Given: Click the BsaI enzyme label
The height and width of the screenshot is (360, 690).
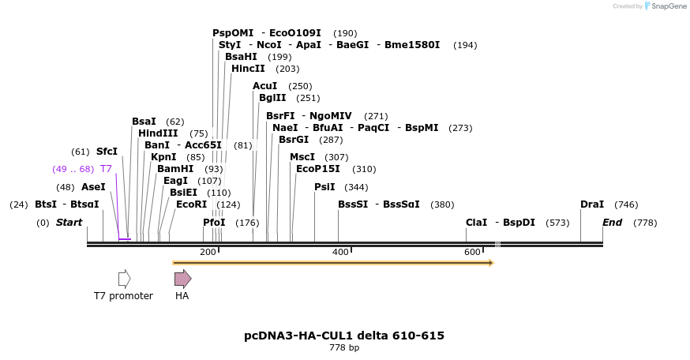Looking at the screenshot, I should [x=144, y=122].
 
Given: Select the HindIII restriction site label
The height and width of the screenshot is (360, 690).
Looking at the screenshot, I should [x=158, y=133].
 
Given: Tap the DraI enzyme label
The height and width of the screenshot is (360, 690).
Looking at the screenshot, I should [x=592, y=204].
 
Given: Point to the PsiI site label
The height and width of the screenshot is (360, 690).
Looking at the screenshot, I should [x=324, y=187].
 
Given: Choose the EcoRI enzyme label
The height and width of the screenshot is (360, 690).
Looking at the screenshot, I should [x=191, y=204].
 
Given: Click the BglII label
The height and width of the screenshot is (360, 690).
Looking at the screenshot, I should [x=271, y=98].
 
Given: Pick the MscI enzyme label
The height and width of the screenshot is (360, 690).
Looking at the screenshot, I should [x=302, y=157].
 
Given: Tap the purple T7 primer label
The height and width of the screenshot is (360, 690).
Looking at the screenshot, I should [x=106, y=169].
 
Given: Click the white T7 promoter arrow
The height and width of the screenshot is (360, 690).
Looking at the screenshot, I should [x=124, y=278].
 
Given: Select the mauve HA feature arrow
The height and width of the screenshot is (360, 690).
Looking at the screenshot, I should [x=182, y=278].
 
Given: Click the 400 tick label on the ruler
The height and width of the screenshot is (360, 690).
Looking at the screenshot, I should [x=340, y=252].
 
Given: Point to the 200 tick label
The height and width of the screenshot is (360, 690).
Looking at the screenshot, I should [x=208, y=252].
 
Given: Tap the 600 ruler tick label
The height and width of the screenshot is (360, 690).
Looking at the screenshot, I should [x=472, y=252].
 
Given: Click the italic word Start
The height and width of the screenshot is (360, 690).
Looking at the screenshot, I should [x=69, y=223].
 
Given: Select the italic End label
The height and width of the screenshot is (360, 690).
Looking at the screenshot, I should [x=612, y=223].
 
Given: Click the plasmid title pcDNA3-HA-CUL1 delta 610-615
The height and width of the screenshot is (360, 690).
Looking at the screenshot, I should [x=344, y=336].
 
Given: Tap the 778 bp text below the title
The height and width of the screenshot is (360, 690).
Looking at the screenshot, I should [x=344, y=348].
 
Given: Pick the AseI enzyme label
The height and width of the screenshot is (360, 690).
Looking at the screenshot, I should [x=93, y=187].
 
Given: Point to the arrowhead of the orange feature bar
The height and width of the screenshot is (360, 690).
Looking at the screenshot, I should [x=491, y=262].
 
